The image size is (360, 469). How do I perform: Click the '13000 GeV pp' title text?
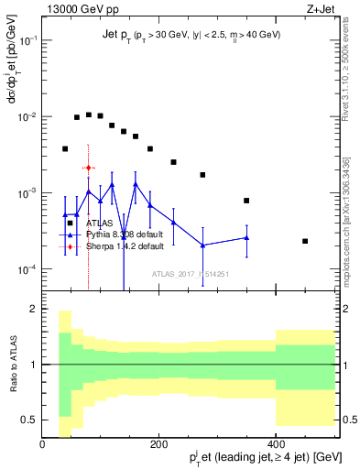(x=80, y=8)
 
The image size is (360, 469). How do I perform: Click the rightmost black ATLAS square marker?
(x=305, y=241)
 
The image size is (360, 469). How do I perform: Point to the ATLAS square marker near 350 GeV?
(x=246, y=201)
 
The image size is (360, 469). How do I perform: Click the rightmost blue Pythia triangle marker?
(x=246, y=238)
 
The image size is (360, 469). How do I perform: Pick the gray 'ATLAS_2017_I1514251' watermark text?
(x=191, y=274)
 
